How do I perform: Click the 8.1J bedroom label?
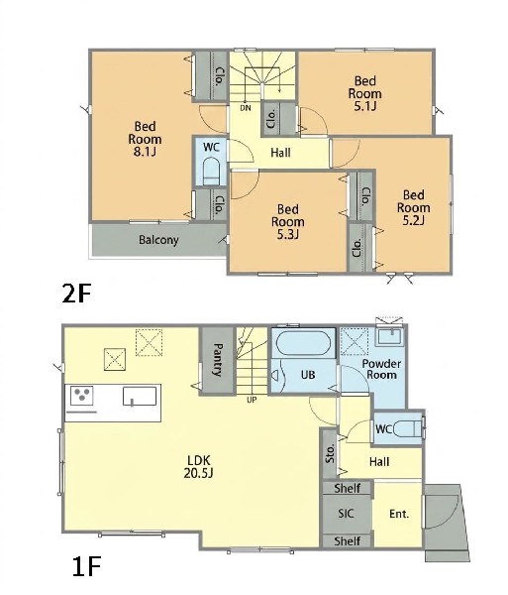(x=145, y=139)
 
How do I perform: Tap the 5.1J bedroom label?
(x=365, y=93)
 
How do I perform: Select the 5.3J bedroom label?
(x=288, y=221)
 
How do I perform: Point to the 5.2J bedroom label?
(x=413, y=207)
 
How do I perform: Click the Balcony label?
(x=158, y=240)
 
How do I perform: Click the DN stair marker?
(x=246, y=108)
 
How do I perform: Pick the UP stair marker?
(x=252, y=400)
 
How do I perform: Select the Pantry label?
(x=218, y=360)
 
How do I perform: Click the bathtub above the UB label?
(x=303, y=343)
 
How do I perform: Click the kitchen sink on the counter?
(x=140, y=396)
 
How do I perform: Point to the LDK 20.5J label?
(x=199, y=467)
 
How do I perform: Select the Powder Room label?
(x=381, y=369)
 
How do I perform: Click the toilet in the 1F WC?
(x=408, y=429)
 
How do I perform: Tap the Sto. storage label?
(x=331, y=453)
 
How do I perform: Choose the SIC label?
(x=346, y=514)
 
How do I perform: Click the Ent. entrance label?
(x=399, y=514)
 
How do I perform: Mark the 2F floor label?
(x=77, y=294)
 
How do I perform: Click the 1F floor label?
(x=86, y=566)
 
